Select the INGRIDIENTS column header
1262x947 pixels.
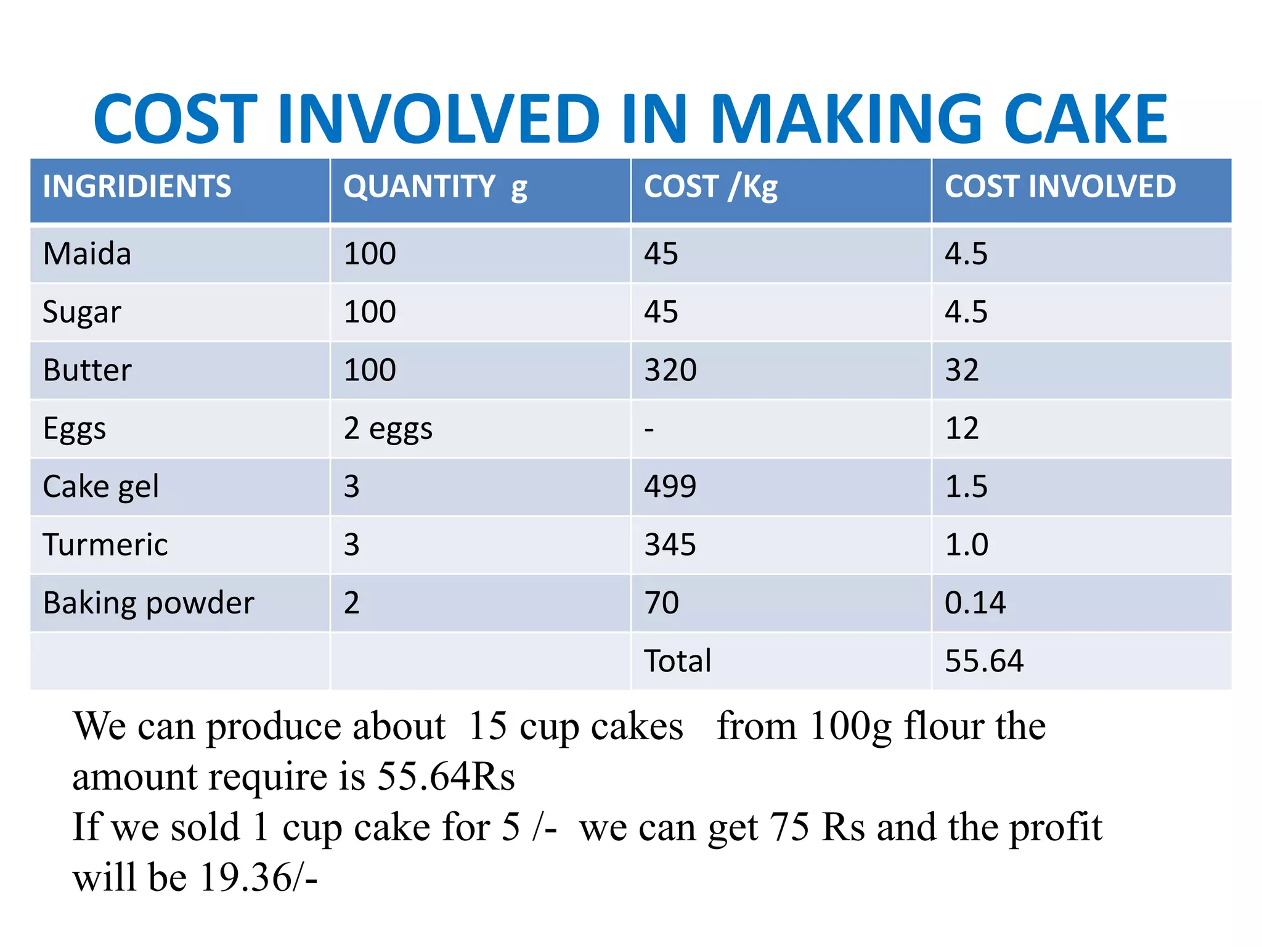coord(137,186)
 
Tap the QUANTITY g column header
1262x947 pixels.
coord(435,186)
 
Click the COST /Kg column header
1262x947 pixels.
coord(710,186)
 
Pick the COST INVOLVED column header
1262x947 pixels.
coord(1060,186)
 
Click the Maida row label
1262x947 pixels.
coord(87,254)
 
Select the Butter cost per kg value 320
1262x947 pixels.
coord(670,370)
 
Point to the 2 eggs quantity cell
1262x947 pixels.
coord(388,428)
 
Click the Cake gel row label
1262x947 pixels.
coord(100,486)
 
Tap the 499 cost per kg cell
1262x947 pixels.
coord(670,486)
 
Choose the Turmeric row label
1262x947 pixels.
coord(105,544)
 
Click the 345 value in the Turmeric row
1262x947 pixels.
coord(670,544)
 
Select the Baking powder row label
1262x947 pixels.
coord(148,602)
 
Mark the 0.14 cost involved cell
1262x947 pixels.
coord(975,602)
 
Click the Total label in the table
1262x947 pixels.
coord(677,660)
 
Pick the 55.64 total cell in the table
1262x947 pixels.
coord(983,660)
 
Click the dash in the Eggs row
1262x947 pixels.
coord(649,428)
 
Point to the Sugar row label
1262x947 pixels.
coord(81,312)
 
